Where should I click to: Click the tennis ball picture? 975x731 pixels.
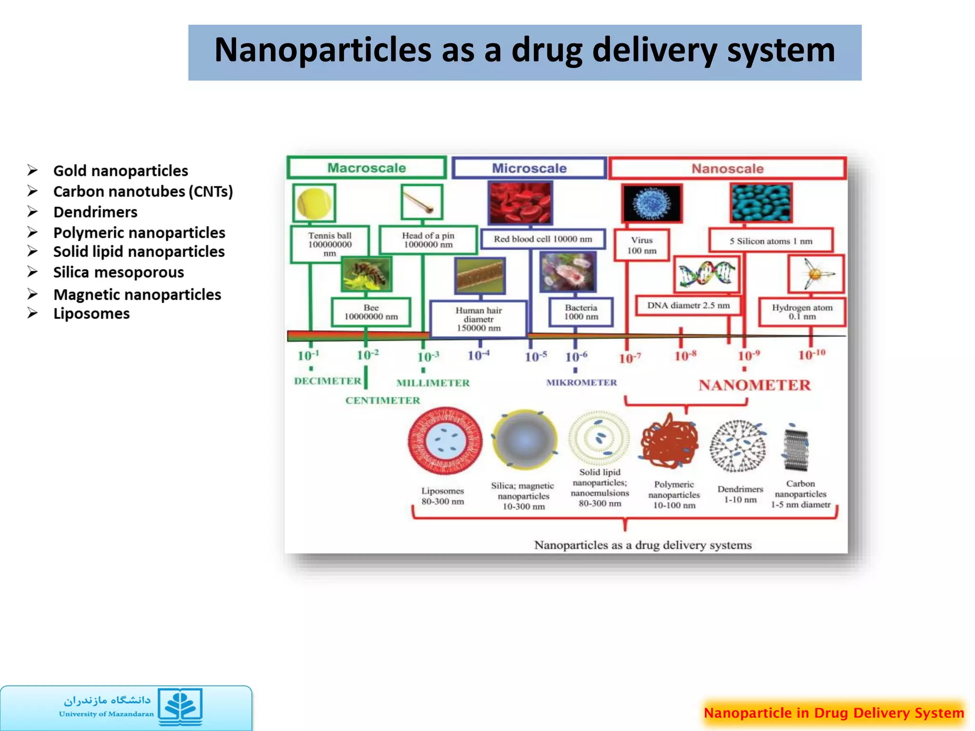point(314,203)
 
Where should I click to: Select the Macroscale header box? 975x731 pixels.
point(367,168)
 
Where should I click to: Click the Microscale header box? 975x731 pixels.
point(529,168)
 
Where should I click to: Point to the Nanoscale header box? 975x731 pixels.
point(727,168)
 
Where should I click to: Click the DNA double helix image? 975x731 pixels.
point(707,275)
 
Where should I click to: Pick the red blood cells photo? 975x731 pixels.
point(520,203)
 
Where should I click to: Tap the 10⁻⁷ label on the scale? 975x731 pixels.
point(629,358)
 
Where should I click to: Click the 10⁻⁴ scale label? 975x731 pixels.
point(478,356)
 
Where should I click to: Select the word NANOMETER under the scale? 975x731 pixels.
point(754,385)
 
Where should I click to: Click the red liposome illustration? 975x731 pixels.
point(445,441)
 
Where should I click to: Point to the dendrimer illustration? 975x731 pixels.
point(738,446)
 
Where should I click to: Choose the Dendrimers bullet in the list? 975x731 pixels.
point(95,212)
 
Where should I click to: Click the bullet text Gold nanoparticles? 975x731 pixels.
point(120,171)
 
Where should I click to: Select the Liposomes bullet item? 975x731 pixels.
point(91,314)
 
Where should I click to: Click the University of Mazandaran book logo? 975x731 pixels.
point(180,706)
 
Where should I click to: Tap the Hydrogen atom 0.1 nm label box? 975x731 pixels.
point(802,312)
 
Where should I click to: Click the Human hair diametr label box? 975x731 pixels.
point(478,319)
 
